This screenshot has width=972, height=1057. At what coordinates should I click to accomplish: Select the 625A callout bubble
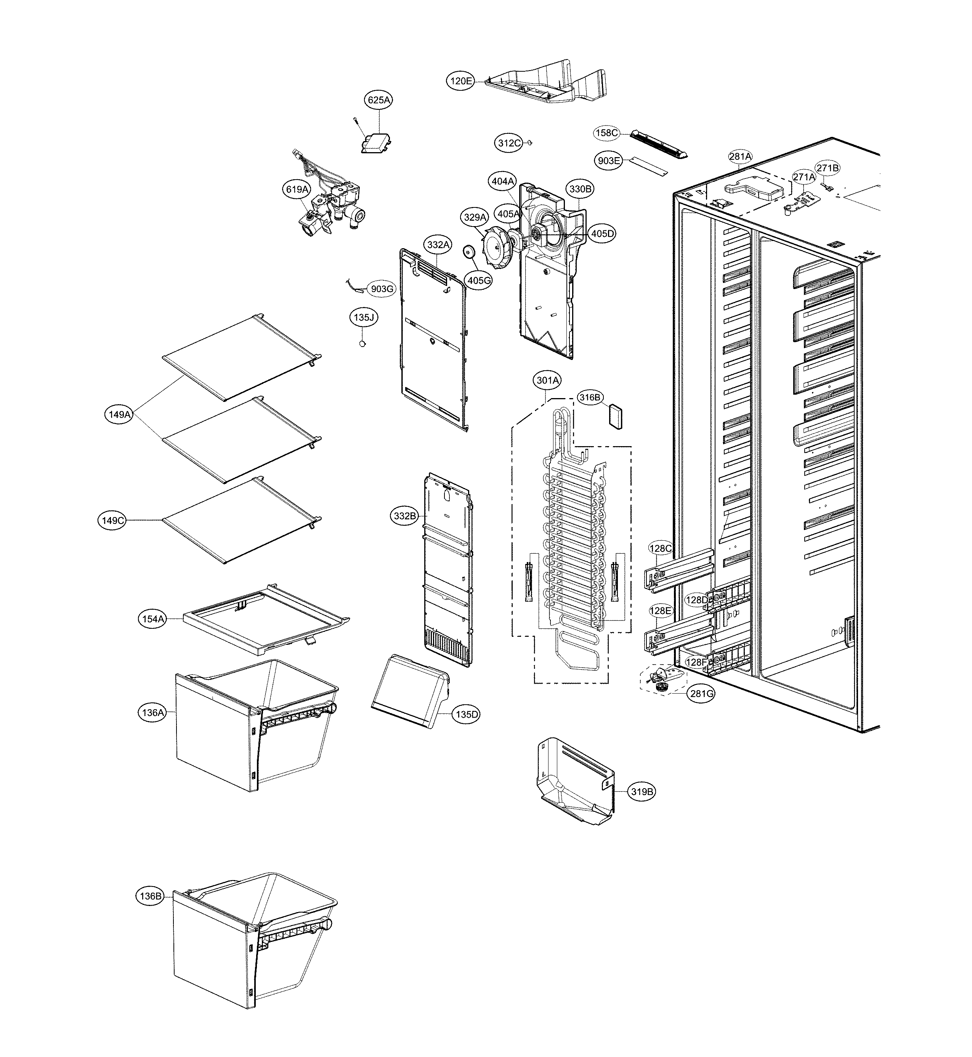pyautogui.click(x=379, y=100)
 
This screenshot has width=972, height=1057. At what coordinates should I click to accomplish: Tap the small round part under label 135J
pyautogui.click(x=362, y=344)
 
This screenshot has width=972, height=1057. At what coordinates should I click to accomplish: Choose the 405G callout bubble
pyautogui.click(x=479, y=280)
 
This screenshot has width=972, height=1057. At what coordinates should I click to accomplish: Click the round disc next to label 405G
pyautogui.click(x=468, y=252)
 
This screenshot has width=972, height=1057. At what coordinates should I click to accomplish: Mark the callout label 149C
pyautogui.click(x=112, y=520)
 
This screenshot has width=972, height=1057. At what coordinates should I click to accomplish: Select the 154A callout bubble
pyautogui.click(x=152, y=619)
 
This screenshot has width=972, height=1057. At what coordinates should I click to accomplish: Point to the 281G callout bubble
pyautogui.click(x=702, y=694)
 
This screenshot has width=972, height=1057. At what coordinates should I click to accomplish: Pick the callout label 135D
pyautogui.click(x=467, y=715)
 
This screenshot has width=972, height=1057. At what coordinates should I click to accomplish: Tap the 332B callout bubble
pyautogui.click(x=405, y=516)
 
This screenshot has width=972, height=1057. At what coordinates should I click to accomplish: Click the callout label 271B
pyautogui.click(x=828, y=168)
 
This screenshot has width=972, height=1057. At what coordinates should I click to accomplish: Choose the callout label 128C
pyautogui.click(x=661, y=548)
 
